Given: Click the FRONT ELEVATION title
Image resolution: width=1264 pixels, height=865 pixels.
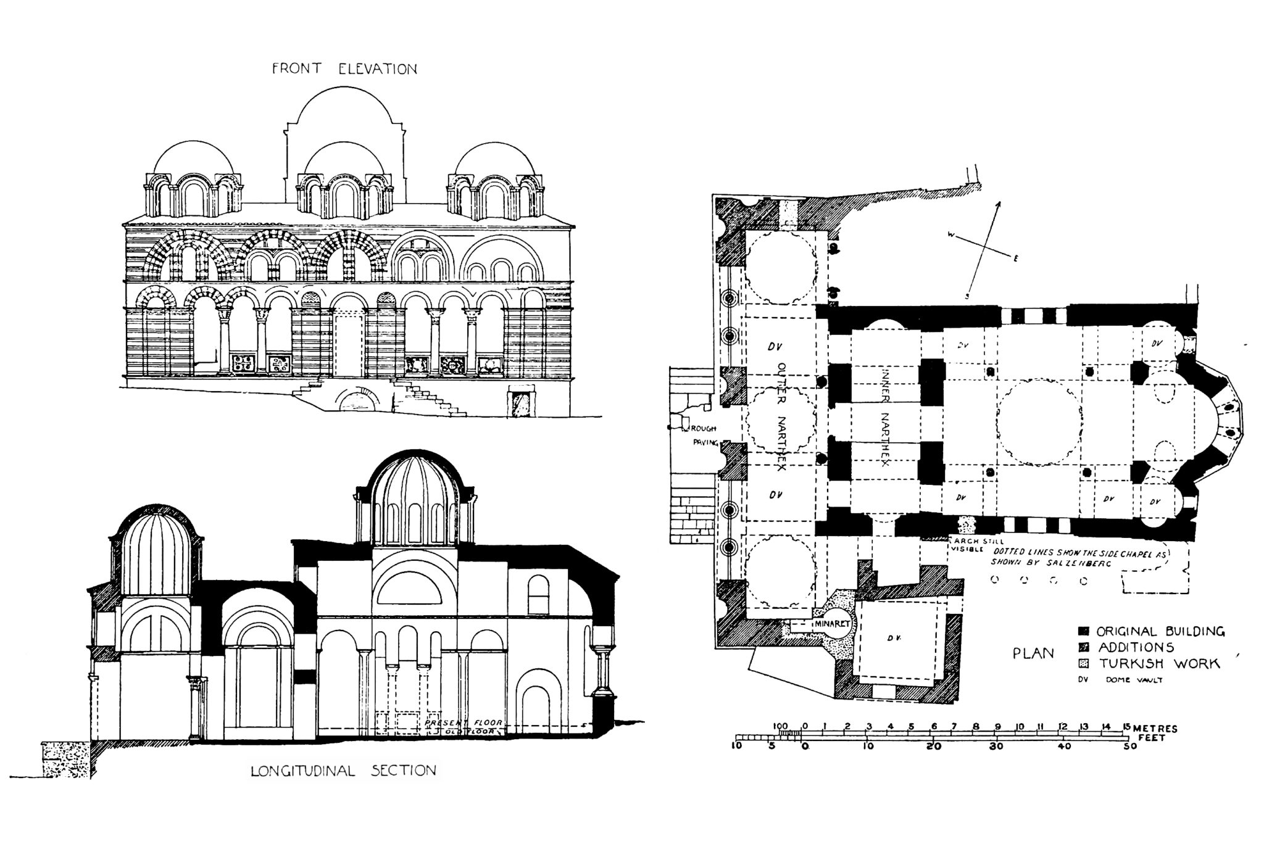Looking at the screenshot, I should tap(344, 68).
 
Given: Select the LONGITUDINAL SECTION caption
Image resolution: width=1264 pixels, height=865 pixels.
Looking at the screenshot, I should tap(343, 771).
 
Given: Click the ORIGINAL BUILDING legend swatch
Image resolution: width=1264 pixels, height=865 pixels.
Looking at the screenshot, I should tap(1083, 631).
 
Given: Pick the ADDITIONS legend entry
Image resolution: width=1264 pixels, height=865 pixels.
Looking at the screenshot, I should tap(1136, 647).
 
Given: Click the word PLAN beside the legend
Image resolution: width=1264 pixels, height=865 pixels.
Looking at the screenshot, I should tap(1033, 653).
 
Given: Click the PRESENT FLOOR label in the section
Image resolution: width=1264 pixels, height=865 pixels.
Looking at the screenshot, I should tap(464, 722).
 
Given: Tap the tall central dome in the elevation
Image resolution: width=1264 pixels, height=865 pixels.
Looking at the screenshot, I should tap(344, 117).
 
